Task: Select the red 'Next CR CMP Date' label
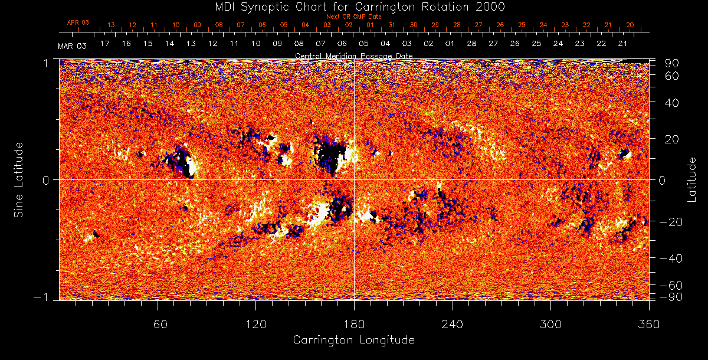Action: (x=354, y=17)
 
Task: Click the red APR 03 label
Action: (x=78, y=22)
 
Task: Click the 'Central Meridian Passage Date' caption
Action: (x=353, y=55)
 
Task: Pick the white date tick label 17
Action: (x=105, y=44)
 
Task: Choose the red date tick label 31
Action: (x=392, y=25)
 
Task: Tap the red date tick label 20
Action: (x=630, y=25)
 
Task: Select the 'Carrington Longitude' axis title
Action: (x=353, y=340)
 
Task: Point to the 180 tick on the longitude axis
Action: (x=354, y=324)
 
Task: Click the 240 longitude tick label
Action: (x=453, y=324)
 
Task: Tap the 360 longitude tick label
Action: (x=649, y=324)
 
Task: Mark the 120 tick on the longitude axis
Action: (x=255, y=324)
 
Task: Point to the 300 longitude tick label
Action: (x=550, y=324)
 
